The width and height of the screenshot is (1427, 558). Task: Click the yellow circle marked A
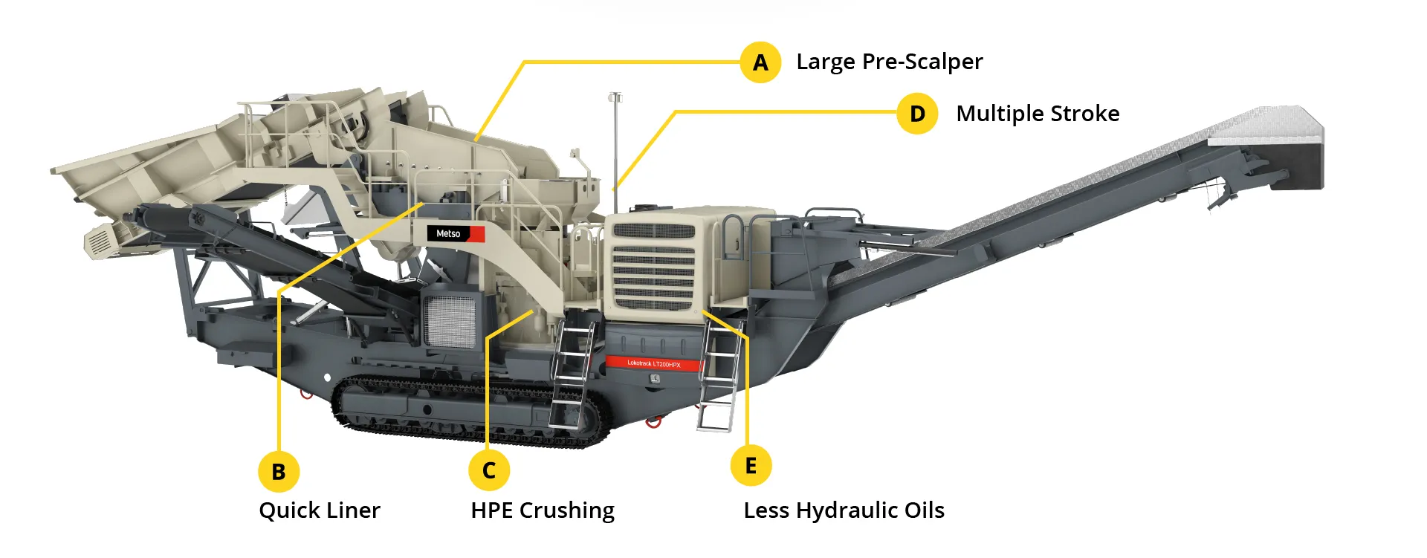pos(760,62)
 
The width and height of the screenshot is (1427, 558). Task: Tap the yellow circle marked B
pos(279,471)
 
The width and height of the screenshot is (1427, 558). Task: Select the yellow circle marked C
pos(489,470)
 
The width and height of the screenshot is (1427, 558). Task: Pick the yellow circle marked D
pos(917,114)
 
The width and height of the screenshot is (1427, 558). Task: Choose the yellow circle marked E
pos(751,466)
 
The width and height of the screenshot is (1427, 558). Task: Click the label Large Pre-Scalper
pos(889,62)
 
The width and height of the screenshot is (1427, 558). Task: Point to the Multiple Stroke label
pos(1038,114)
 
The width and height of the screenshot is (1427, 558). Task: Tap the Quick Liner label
pos(320,510)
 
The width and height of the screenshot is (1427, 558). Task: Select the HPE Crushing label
pos(543,510)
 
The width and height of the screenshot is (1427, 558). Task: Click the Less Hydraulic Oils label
pos(844,510)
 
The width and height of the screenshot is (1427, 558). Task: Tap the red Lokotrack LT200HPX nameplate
pos(653,363)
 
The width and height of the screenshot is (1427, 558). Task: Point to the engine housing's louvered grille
pos(654,266)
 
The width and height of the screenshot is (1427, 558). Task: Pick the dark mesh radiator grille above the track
pos(450,319)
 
